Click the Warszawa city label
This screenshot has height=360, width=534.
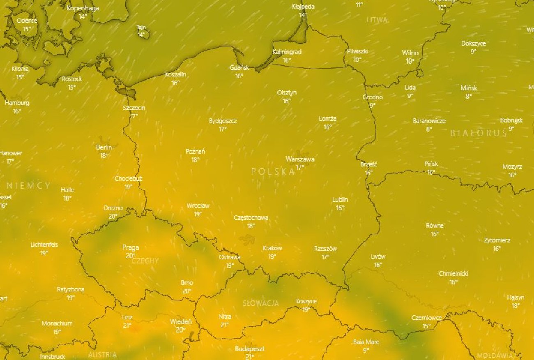tap(300, 159)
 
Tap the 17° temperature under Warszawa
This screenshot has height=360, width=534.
tap(300, 167)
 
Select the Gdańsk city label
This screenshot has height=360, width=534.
tap(239, 68)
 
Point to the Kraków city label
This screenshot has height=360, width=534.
tap(272, 248)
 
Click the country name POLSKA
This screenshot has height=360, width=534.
tap(273, 172)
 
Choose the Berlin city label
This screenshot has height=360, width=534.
tap(104, 148)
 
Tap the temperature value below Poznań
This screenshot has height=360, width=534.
tap(195, 160)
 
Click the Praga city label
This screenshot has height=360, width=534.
tap(131, 247)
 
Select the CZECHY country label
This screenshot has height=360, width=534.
tap(145, 261)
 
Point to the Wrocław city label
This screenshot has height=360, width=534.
tap(198, 206)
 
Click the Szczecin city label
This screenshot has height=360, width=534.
tap(134, 108)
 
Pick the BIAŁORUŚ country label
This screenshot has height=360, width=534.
tap(478, 133)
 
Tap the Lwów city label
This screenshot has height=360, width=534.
tap(378, 257)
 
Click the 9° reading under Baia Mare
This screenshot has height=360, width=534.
tap(366, 350)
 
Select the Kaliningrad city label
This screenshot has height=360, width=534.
tap(287, 52)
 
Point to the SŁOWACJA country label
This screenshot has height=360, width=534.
tap(260, 303)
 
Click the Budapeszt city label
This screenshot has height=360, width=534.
tap(249, 349)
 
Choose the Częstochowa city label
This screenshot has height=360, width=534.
tap(251, 217)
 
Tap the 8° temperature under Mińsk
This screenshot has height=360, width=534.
tap(469, 96)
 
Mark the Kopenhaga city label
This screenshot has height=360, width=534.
tap(83, 8)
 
